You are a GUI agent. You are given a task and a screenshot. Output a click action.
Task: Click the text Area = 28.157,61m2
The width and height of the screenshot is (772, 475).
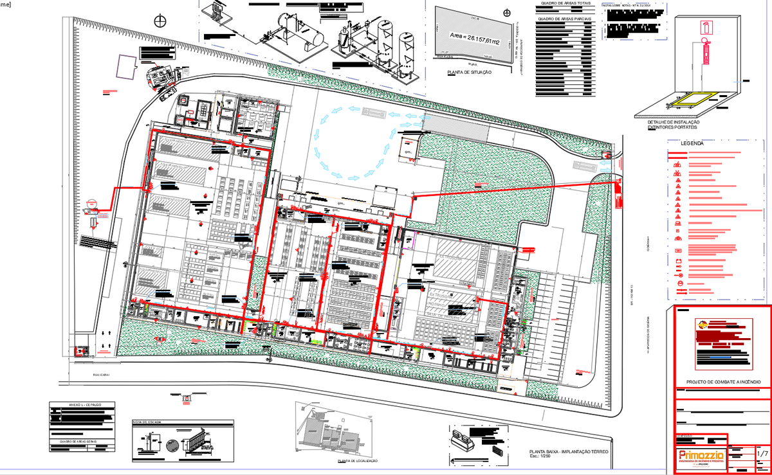[474, 40]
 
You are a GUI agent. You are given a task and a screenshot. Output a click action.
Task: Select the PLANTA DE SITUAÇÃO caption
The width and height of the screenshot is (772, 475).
[469, 73]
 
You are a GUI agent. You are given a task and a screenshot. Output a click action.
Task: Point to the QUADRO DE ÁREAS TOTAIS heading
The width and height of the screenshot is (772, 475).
[565, 3]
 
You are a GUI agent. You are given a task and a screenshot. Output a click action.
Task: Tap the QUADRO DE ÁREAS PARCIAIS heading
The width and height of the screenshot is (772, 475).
[565, 19]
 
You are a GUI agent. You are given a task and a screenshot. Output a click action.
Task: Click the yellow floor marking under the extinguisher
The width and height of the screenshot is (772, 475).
[694, 100]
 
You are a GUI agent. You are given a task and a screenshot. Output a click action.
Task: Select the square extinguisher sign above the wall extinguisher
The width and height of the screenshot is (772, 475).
[703, 27]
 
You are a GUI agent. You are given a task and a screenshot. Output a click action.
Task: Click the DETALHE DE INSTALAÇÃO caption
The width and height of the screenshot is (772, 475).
[673, 122]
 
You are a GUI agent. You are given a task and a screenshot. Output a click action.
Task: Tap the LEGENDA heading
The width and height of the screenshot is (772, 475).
[694, 143]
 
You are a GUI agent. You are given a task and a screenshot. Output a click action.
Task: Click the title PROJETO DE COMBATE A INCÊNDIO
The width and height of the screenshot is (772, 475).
[723, 382]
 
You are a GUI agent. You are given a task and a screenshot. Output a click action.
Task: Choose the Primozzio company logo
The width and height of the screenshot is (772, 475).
[701, 458]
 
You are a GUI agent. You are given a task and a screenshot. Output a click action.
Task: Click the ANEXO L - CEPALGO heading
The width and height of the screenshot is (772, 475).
[83, 406]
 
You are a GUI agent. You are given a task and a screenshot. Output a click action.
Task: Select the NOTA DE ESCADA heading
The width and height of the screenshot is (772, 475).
[146, 422]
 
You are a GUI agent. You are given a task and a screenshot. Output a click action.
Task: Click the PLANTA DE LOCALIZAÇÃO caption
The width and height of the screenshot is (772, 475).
[357, 461]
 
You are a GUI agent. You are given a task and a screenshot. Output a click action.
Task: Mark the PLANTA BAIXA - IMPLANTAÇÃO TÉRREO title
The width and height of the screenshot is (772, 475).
[567, 453]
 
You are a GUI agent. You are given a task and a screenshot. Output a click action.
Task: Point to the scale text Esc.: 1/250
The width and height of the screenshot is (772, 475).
[541, 458]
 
